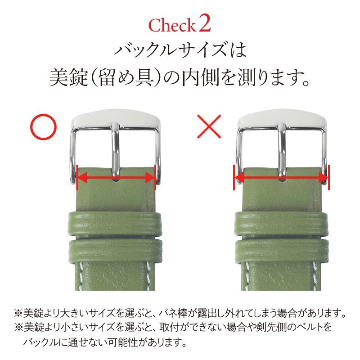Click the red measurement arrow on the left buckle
click(x=117, y=178)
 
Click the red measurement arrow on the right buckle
click(x=282, y=178)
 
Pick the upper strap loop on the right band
click(x=282, y=223)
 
